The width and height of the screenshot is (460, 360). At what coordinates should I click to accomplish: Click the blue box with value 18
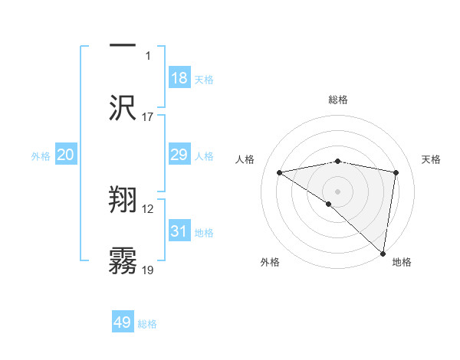[179, 78]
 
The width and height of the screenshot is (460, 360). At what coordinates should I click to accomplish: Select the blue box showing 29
[179, 155]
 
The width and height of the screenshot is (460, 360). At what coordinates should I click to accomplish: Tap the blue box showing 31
[179, 231]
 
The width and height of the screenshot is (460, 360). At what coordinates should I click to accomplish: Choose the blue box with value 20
[66, 155]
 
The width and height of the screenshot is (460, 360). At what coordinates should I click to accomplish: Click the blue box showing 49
[123, 322]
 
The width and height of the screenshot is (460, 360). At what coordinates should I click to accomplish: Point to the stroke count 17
[148, 117]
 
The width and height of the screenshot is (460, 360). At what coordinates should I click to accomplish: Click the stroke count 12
[148, 209]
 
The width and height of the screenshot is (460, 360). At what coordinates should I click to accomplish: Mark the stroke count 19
[148, 270]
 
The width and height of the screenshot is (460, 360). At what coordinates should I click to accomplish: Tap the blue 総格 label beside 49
[147, 324]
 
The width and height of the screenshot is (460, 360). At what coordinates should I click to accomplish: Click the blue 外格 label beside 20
[41, 156]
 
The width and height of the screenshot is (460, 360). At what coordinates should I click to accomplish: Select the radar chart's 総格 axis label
[338, 100]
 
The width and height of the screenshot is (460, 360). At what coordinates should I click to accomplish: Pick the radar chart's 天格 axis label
[432, 159]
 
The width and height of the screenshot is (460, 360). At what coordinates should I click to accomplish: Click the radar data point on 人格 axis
[280, 172]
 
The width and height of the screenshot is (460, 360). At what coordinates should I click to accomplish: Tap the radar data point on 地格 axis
[383, 252]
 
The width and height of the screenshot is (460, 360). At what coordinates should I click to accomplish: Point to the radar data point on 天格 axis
[396, 172]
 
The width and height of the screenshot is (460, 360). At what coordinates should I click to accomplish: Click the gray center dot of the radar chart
[338, 191]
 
